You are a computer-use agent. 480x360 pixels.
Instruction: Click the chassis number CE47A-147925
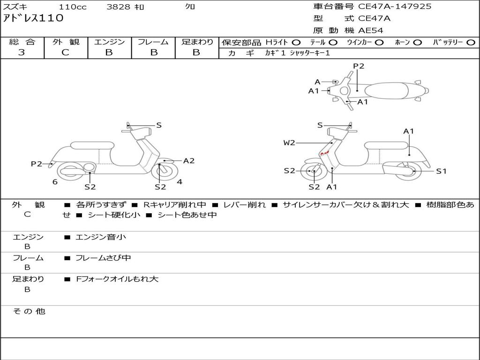(395, 7)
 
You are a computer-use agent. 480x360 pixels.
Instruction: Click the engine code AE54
(371, 30)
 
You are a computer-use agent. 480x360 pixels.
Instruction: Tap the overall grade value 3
(22, 52)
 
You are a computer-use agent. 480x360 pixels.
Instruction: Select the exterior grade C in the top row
(65, 52)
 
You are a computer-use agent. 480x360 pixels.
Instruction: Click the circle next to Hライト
(296, 43)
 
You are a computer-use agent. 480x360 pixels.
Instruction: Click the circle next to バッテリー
(471, 43)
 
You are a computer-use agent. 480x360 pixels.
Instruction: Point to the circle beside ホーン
(417, 43)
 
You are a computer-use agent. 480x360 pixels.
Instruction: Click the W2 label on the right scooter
(289, 142)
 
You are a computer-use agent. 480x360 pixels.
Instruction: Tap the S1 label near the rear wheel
(441, 171)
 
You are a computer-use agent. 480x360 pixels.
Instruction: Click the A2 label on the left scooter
(189, 161)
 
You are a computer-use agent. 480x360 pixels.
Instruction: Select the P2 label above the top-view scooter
(359, 66)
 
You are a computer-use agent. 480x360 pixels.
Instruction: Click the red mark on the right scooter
(324, 153)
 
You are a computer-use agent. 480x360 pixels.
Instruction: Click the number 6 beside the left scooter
(55, 182)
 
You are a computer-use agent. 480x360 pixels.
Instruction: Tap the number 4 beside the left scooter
(180, 182)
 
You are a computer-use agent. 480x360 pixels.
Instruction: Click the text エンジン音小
(101, 237)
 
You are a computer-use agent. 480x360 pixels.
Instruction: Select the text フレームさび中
(103, 258)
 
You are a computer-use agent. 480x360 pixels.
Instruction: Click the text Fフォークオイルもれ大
(117, 279)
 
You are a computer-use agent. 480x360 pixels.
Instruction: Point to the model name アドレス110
(33, 18)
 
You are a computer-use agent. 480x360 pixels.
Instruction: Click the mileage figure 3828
(118, 7)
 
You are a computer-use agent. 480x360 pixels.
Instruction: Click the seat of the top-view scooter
(387, 90)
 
